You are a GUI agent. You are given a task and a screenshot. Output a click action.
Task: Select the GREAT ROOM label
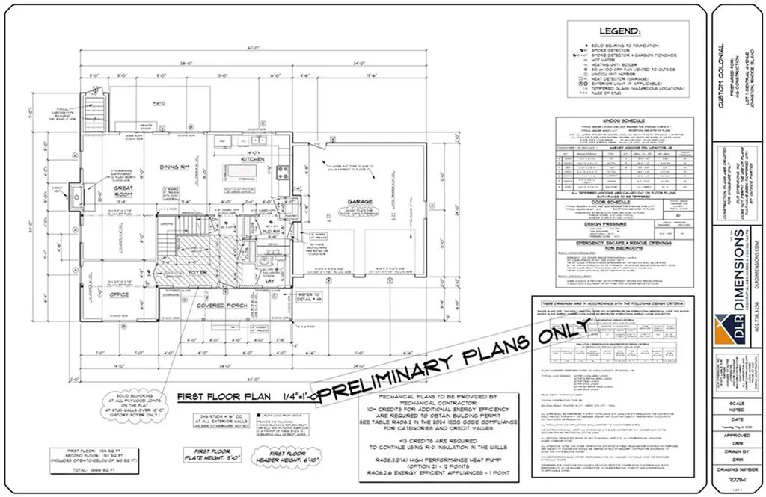124,194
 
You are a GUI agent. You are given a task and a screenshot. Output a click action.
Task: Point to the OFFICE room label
120,294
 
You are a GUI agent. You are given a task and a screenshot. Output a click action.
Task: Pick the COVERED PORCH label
222,306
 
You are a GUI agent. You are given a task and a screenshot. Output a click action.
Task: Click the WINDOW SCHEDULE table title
616,120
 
